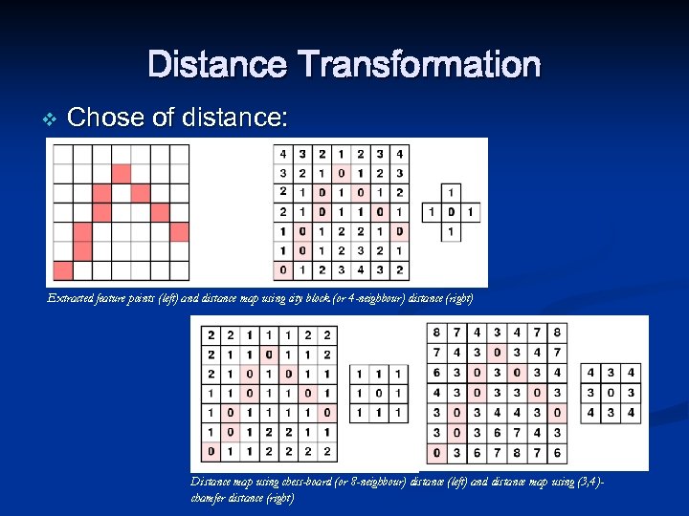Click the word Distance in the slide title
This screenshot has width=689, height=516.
point(217,65)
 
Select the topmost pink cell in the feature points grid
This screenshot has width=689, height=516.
point(121,173)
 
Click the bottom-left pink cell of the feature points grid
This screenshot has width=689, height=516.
point(62,269)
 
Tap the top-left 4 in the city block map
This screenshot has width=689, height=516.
point(282,154)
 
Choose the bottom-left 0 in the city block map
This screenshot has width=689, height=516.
point(282,270)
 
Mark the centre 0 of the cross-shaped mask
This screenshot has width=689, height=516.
point(451,212)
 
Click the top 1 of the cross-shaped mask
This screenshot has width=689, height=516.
point(451,192)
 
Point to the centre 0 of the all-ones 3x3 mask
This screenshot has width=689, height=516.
point(380,393)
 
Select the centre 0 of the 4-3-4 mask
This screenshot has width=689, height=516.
point(611,393)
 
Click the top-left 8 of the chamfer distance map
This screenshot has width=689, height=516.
point(437,333)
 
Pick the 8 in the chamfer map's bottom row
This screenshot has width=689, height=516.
point(518,453)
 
